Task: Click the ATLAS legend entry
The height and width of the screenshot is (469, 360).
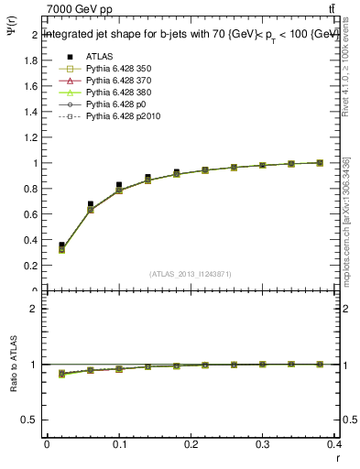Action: [99, 57]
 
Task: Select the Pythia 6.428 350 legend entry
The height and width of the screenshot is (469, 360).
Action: [116, 69]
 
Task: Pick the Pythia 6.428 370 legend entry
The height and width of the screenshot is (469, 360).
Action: [116, 81]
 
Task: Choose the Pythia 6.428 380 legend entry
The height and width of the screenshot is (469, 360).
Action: [116, 93]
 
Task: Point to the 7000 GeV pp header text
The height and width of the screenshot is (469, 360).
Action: [80, 9]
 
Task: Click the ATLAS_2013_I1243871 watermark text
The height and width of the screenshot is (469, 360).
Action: [190, 274]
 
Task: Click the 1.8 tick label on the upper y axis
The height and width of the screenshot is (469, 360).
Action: [30, 60]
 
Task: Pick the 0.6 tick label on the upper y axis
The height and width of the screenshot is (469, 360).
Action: [30, 214]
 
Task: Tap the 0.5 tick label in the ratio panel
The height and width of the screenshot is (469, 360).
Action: [30, 420]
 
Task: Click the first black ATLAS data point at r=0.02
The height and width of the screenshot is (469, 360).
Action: [61, 245]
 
